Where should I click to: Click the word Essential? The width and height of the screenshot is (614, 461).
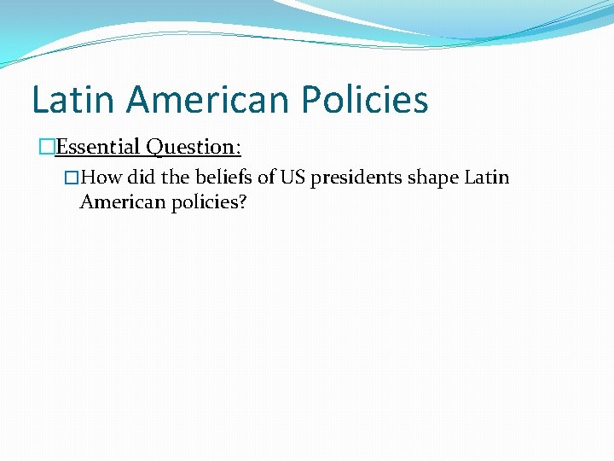[x=99, y=147]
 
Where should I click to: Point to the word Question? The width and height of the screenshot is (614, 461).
[x=194, y=147]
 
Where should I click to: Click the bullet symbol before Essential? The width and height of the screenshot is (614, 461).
[x=47, y=147]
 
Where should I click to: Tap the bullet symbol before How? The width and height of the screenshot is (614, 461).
[x=72, y=178]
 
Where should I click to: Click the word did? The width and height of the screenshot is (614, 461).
[x=142, y=178]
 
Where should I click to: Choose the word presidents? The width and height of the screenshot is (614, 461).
[x=358, y=178]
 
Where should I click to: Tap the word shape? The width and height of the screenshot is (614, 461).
[x=434, y=178]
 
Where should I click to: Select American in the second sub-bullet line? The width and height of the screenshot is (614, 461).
[x=119, y=203]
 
